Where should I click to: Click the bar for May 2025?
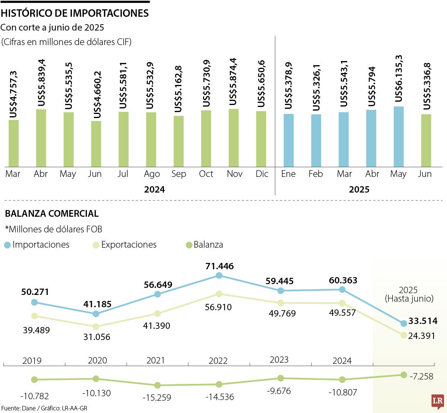[399, 137]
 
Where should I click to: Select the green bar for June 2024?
[96, 144]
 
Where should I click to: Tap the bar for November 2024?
[234, 138]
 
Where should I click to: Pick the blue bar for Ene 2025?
[289, 140]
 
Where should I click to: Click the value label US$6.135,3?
[399, 79]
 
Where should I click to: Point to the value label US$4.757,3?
[14, 95]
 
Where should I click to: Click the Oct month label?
[206, 174]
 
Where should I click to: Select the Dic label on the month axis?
[262, 174]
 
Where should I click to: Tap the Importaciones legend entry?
[37, 245]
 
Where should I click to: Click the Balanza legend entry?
[204, 245]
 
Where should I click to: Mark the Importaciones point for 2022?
[219, 276]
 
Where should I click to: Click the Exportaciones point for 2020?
[96, 327]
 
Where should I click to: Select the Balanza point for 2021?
[158, 385]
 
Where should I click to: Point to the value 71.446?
[219, 266]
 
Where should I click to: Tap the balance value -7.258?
[421, 377]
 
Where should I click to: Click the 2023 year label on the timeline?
[279, 360]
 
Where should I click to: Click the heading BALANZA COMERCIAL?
[52, 214]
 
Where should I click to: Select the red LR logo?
[437, 401]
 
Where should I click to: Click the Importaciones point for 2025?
[403, 323]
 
